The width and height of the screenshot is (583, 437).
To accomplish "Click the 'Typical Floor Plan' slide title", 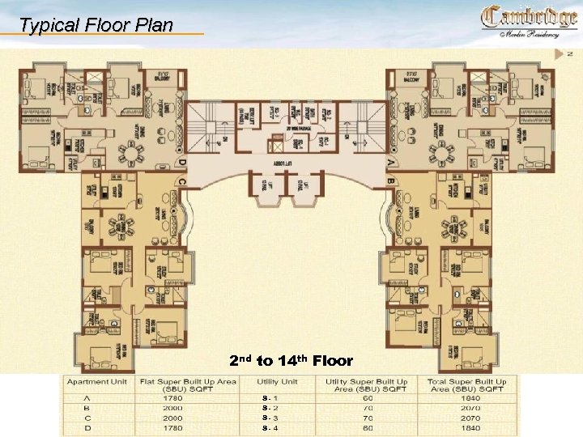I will (x=96, y=25).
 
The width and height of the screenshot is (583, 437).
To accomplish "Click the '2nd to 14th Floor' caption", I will (x=291, y=361).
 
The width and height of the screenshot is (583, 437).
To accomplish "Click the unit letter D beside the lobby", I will (x=182, y=163).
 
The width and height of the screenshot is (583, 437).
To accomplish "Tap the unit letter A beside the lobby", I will (x=391, y=162).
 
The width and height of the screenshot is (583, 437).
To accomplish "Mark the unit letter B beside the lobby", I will (x=391, y=180).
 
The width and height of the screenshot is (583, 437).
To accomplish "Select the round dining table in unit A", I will (x=442, y=152).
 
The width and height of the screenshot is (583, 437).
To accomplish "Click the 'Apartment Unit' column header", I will (x=96, y=381).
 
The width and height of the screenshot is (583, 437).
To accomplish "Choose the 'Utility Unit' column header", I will (x=278, y=381).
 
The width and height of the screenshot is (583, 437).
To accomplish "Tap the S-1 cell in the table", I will (x=270, y=398).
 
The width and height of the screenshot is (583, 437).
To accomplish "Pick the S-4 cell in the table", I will (x=270, y=427).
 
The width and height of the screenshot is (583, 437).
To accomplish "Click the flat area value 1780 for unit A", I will (x=172, y=398).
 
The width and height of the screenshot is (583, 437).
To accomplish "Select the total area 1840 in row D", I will (x=470, y=427).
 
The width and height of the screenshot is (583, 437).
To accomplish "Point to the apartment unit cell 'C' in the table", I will (x=86, y=418).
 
